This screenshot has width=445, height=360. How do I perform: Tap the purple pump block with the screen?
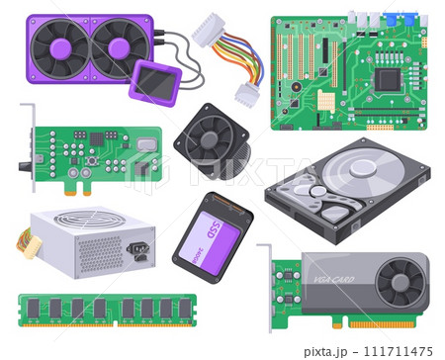pos(156,81)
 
